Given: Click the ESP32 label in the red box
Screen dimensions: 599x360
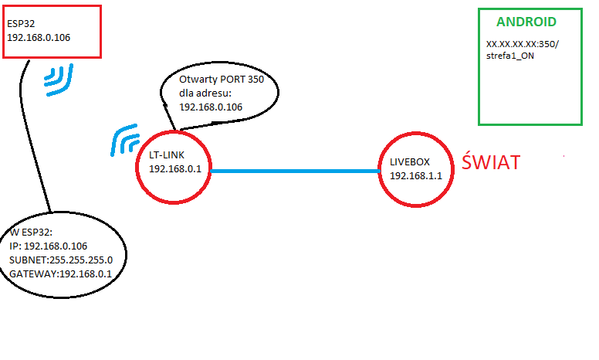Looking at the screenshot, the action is [21, 24].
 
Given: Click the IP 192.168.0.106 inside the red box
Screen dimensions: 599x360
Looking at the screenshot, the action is [39, 37].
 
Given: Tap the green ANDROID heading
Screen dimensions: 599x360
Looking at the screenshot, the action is [526, 22].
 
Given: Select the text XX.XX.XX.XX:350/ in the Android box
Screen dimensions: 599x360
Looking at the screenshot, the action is [523, 44].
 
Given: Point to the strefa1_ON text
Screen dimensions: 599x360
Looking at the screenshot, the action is [510, 56].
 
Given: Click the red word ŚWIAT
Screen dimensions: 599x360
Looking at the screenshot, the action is [491, 161].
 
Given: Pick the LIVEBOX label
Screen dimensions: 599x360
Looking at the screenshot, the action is [410, 162].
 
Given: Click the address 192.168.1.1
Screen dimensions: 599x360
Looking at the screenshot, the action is [415, 176].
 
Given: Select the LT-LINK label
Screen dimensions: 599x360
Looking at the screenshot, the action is [167, 155].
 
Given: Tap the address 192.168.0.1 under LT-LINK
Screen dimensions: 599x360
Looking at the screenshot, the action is [175, 169].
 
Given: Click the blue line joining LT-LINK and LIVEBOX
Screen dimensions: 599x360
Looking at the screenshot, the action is [295, 171].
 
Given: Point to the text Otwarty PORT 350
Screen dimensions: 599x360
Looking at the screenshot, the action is [222, 80].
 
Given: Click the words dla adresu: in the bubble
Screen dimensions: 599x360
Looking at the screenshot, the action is [205, 93].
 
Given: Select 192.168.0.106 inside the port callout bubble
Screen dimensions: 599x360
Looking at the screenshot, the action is [211, 107].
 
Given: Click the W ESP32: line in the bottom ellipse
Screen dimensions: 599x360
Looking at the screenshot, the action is [31, 233].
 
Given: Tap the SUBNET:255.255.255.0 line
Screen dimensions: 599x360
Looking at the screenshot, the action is [61, 260].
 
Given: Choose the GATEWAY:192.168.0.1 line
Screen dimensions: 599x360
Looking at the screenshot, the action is [60, 274].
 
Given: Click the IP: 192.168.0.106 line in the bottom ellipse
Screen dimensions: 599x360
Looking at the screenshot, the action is [48, 246].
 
